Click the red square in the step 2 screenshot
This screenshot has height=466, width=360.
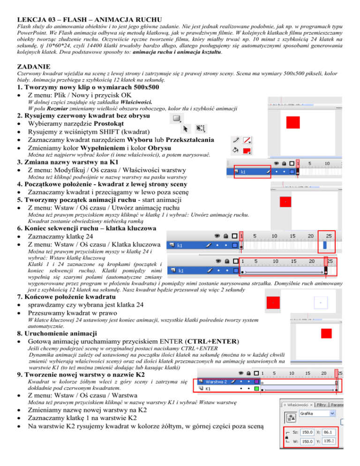(293, 122)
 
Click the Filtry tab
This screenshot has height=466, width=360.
(321, 404)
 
